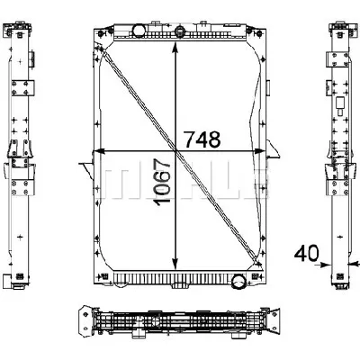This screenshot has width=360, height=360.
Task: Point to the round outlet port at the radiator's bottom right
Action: [x=238, y=283]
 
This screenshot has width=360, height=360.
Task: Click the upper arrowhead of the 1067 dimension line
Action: [x=175, y=46]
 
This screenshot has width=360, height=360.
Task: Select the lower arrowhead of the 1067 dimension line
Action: [x=175, y=262]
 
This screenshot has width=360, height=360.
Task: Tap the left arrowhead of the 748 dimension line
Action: [x=98, y=150]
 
